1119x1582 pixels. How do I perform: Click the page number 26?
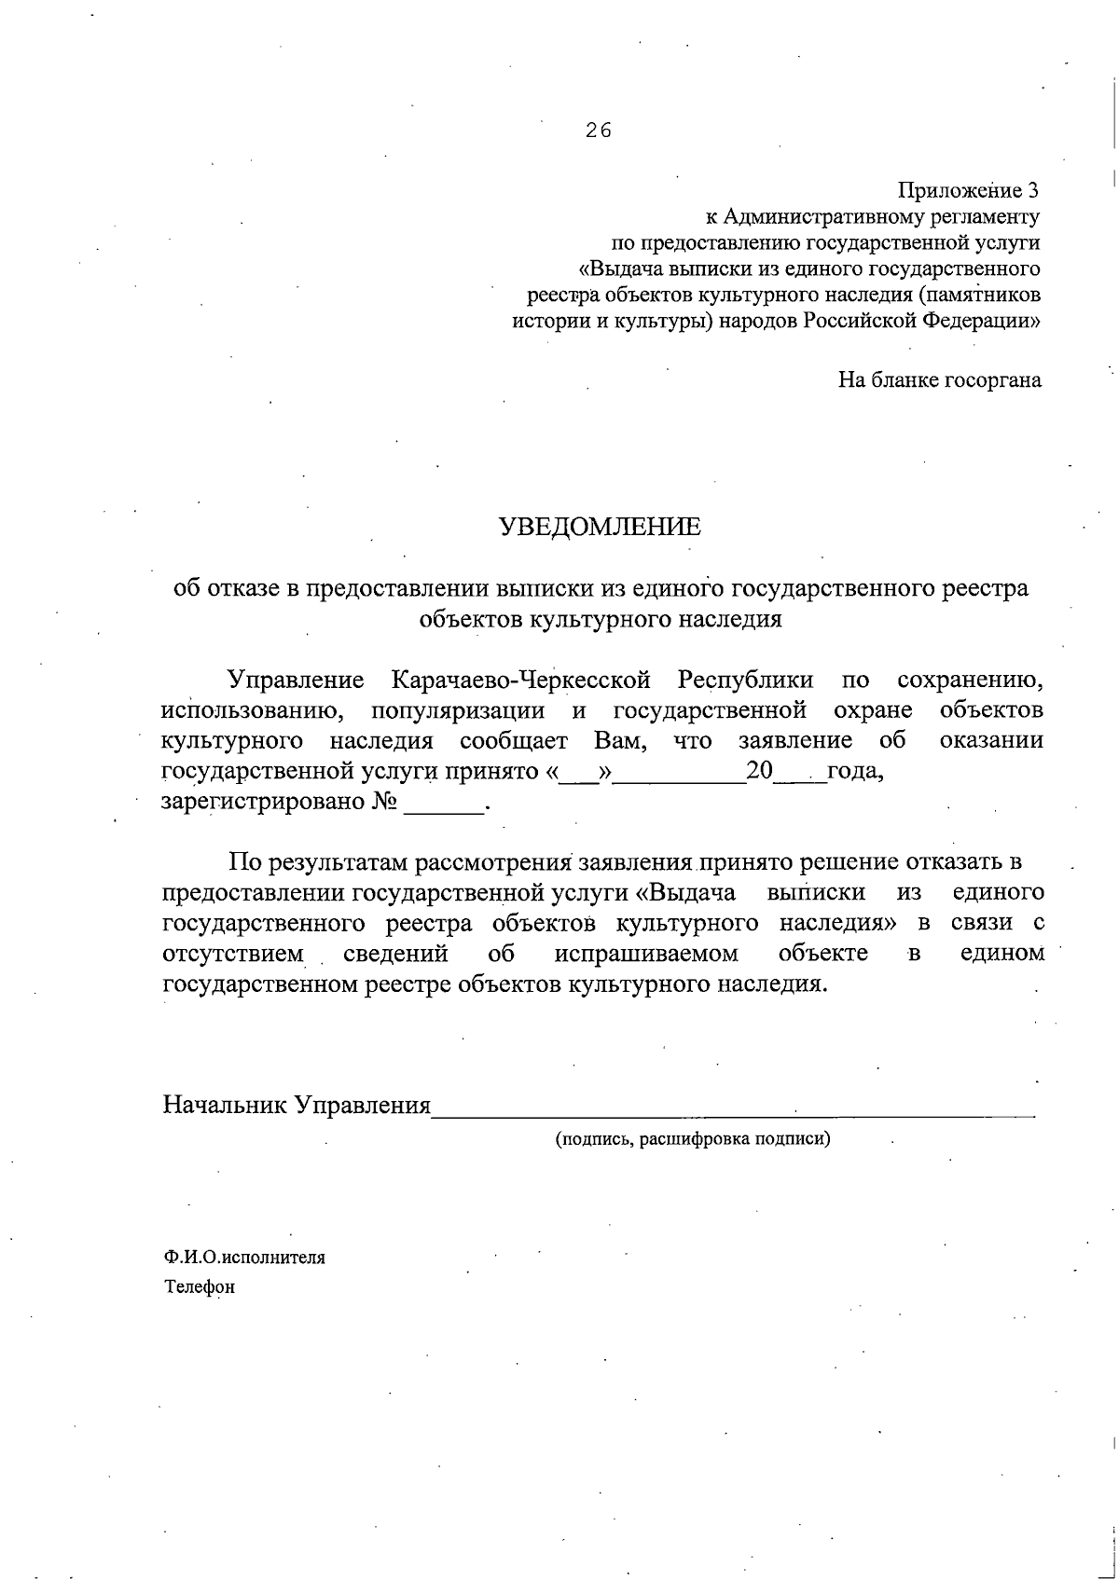(x=598, y=131)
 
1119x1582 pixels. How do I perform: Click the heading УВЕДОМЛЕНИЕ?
(x=601, y=528)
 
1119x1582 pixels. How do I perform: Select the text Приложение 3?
(x=968, y=191)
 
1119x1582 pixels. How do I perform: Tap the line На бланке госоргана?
(x=939, y=380)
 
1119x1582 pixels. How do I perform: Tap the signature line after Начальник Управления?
(x=733, y=1108)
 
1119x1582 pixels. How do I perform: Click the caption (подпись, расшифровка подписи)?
(x=692, y=1138)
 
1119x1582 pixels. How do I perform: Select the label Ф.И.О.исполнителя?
(x=245, y=1257)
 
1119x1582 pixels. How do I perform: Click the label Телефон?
(x=200, y=1287)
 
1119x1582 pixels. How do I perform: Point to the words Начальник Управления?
(x=297, y=1106)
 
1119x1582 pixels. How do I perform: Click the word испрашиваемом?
(x=646, y=954)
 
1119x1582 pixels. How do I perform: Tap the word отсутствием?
(x=233, y=954)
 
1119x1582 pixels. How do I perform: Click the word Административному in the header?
(x=820, y=217)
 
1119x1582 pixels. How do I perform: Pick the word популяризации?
(x=458, y=710)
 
